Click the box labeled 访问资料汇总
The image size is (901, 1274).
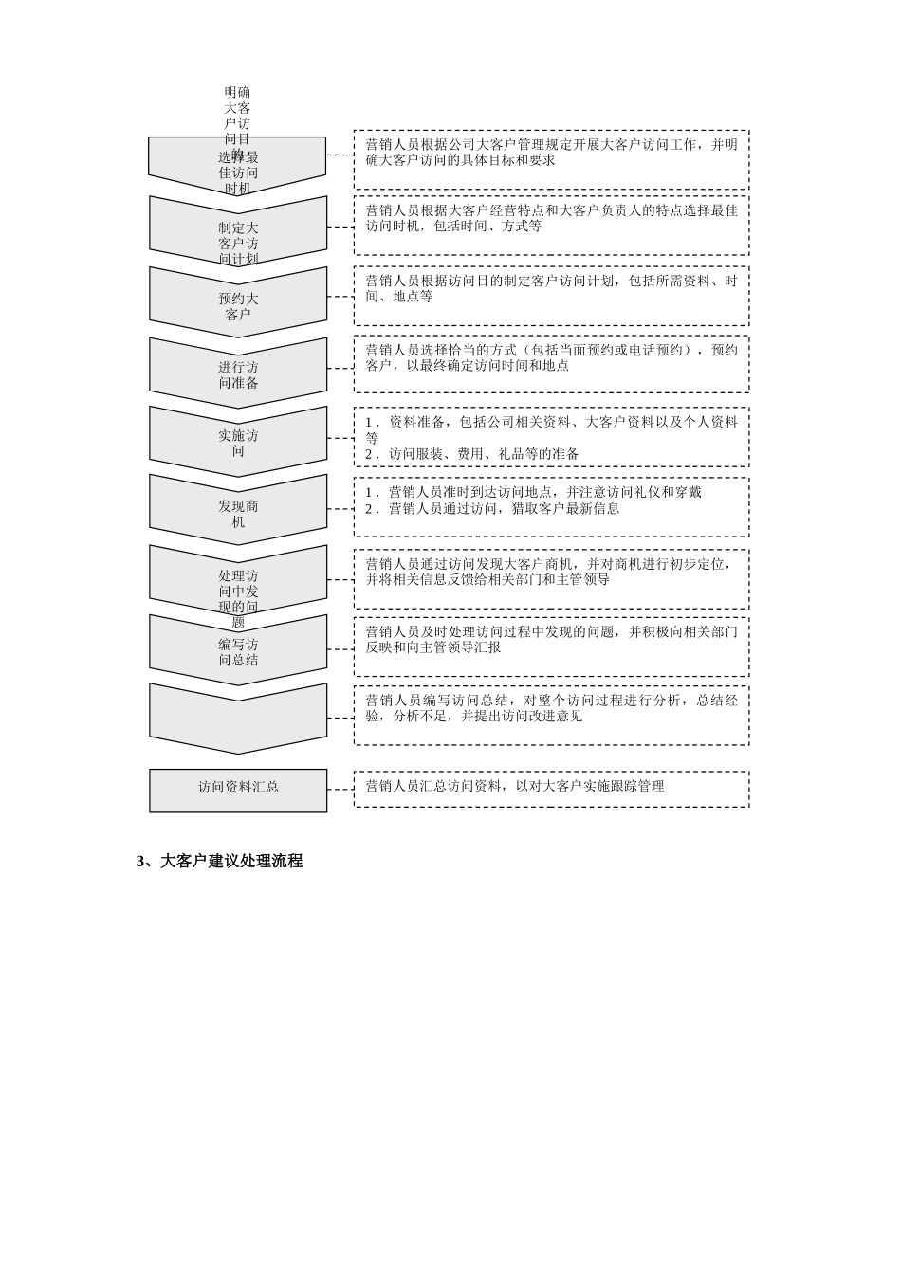pyautogui.click(x=238, y=788)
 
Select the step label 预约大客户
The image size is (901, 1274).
pyautogui.click(x=238, y=306)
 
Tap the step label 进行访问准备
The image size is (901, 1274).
pyautogui.click(x=238, y=375)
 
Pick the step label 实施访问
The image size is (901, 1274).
pyautogui.click(x=238, y=444)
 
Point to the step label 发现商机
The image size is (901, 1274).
pyautogui.click(x=238, y=514)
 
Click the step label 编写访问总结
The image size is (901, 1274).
pyautogui.click(x=238, y=652)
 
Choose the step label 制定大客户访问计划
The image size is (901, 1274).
pyautogui.click(x=238, y=243)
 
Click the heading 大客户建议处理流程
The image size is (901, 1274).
pyautogui.click(x=231, y=862)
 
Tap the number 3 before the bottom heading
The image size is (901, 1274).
pyautogui.click(x=140, y=862)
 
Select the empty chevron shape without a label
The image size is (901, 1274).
pyautogui.click(x=238, y=718)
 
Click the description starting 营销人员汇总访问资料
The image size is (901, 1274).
pyautogui.click(x=514, y=786)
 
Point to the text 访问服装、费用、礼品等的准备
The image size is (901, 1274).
pyautogui.click(x=483, y=454)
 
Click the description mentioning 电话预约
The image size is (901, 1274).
pyautogui.click(x=551, y=357)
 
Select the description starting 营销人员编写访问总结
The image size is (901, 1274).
pyautogui.click(x=551, y=708)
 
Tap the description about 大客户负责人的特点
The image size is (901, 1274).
pyautogui.click(x=551, y=218)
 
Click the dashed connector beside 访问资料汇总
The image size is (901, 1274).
pyautogui.click(x=340, y=789)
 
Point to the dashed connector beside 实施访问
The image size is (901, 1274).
pyautogui.click(x=340, y=438)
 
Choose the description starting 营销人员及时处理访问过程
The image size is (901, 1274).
pyautogui.click(x=551, y=639)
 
